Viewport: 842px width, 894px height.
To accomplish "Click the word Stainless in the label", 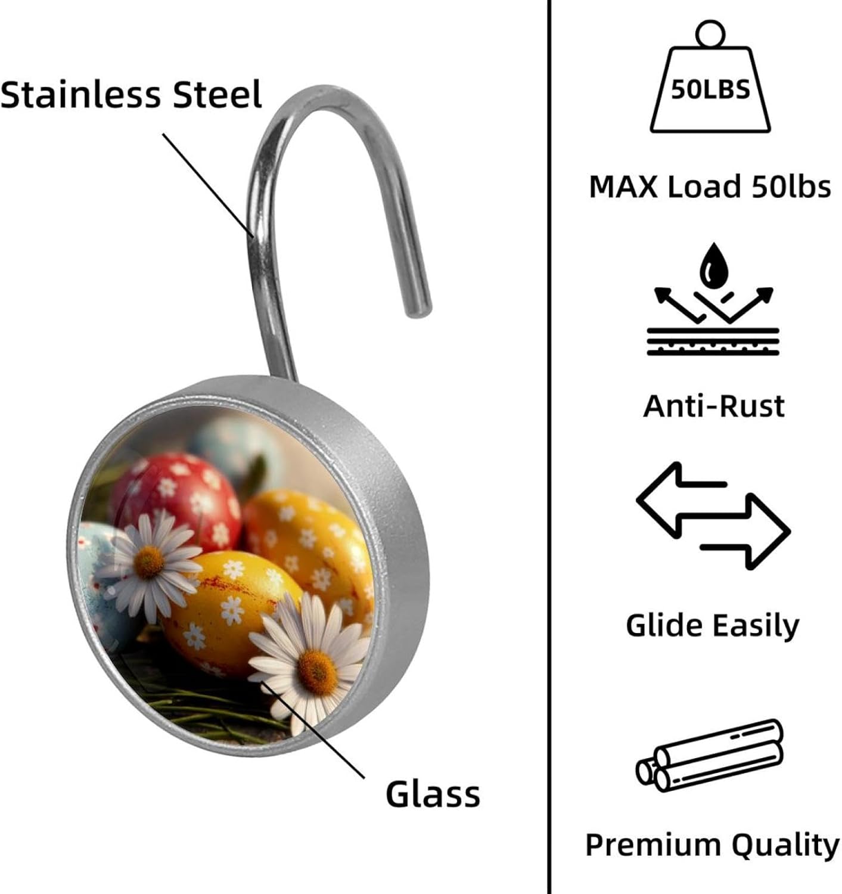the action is [x=80, y=94].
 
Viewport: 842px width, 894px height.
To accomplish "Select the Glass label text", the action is [x=433, y=794].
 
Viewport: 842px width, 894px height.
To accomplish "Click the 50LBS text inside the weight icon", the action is [x=710, y=89].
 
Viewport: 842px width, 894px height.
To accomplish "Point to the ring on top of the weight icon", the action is [x=710, y=33].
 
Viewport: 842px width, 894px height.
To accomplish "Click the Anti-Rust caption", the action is [x=713, y=406].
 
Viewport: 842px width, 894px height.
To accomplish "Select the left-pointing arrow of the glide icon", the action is [x=681, y=500].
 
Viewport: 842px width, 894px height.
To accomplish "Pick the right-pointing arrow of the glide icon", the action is [x=745, y=532].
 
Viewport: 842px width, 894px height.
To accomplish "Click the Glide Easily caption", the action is [x=712, y=626].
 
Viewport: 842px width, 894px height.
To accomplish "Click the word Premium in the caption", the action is [x=653, y=845].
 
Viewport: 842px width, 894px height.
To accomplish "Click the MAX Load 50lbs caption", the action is [x=710, y=187].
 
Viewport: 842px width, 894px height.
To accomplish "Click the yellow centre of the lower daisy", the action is [x=316, y=672].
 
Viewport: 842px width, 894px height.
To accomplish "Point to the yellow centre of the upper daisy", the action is [x=149, y=562].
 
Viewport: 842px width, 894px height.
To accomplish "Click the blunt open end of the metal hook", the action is [x=418, y=308].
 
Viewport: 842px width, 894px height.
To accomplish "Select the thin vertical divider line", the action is [x=549, y=447].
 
